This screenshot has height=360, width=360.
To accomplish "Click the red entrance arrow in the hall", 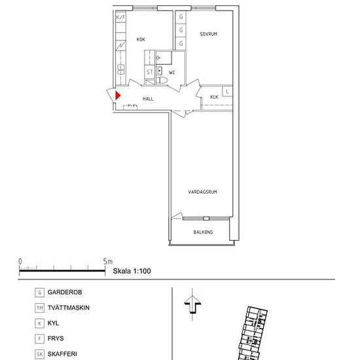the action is tap(118, 96).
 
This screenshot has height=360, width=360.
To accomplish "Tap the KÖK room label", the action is tap(141, 39).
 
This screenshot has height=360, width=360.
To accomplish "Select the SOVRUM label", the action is tap(208, 34).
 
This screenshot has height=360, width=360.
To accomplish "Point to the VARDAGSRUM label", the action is tap(202, 192).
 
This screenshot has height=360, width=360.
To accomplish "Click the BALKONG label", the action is tap(203, 232).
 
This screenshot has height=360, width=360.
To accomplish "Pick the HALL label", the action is tap(148, 99).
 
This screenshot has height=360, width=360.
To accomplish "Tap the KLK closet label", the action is tap(214, 97).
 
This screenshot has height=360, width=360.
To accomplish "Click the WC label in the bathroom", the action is tap(172, 73).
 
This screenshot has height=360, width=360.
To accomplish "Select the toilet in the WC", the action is tap(162, 81).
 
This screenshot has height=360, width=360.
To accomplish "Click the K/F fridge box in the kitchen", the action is tap(121, 17).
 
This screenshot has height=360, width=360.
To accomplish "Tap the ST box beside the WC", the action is tap(150, 72).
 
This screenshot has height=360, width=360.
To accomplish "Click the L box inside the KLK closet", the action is tap(227, 92).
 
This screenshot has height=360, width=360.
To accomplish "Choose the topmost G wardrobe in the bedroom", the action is tap(181, 16).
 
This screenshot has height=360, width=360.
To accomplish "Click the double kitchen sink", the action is tap(121, 69).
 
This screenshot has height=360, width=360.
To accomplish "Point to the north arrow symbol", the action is tap(192, 304).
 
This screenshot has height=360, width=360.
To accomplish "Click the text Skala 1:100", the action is tap(132, 271).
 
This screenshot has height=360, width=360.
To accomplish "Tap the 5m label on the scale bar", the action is tap(107, 261).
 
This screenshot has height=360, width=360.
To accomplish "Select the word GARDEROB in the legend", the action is tap(65, 292).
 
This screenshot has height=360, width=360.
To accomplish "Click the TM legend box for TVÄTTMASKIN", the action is tap(39, 308).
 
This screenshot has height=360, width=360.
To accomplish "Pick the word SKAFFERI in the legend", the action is tap(62, 354).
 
